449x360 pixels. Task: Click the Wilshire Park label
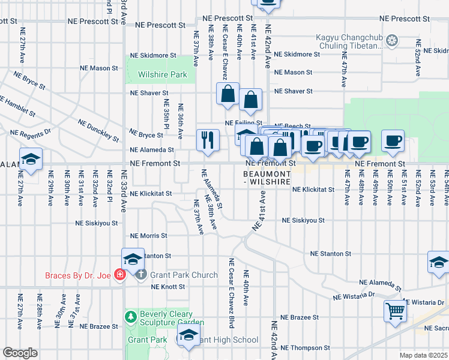pyautogui.click(x=162, y=75)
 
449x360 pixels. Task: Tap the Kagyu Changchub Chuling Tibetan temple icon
pyautogui.click(x=392, y=41)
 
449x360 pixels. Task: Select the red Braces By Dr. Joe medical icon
pyautogui.click(x=121, y=275)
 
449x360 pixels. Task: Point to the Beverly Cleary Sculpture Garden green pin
pyautogui.click(x=130, y=316)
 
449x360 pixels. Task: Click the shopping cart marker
pyautogui.click(x=396, y=311)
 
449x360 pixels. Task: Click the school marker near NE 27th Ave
pyautogui.click(x=31, y=159)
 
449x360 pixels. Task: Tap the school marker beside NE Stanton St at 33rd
pyautogui.click(x=133, y=259)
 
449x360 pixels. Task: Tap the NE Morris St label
pyautogui.click(x=148, y=236)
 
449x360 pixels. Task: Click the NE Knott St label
pyautogui.click(x=168, y=287)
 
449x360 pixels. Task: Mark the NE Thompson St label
pyautogui.click(x=306, y=348)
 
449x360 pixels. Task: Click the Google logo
pyautogui.click(x=20, y=353)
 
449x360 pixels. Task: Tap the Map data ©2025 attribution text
pyautogui.click(x=423, y=355)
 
